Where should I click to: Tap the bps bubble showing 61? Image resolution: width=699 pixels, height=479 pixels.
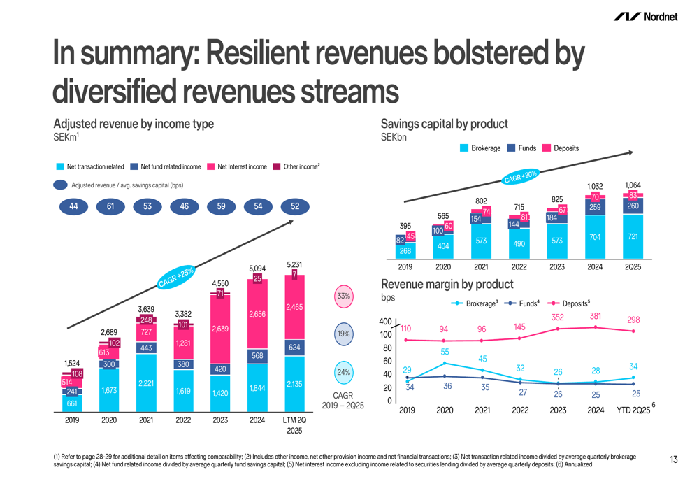click(x=110, y=206)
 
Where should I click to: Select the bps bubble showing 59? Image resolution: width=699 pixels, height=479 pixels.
click(x=221, y=206)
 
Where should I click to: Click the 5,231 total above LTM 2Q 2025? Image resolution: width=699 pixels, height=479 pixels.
click(x=295, y=264)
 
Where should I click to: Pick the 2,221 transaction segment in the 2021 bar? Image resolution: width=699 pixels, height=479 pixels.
click(x=146, y=383)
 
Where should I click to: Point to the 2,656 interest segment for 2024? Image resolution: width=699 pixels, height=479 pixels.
click(x=258, y=315)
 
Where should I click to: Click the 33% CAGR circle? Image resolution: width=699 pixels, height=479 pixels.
click(x=343, y=296)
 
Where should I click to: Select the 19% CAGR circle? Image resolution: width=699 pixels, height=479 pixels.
click(x=343, y=334)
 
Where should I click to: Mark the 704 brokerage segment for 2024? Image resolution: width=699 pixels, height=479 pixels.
click(x=595, y=237)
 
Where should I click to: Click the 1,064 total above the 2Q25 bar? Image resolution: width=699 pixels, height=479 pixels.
click(x=633, y=185)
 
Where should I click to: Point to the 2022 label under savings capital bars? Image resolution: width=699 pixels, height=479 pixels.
click(x=519, y=266)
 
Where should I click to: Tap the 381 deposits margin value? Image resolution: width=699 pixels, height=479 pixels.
click(x=595, y=316)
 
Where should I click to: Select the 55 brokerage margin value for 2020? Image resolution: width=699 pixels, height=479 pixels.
click(x=445, y=352)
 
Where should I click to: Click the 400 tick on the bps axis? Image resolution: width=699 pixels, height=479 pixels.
click(x=385, y=322)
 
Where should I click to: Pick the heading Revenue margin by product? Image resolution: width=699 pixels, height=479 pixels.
click(x=447, y=285)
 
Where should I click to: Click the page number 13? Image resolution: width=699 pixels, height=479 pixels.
click(x=674, y=459)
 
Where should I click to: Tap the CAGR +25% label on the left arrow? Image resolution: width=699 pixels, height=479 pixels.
click(x=175, y=277)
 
